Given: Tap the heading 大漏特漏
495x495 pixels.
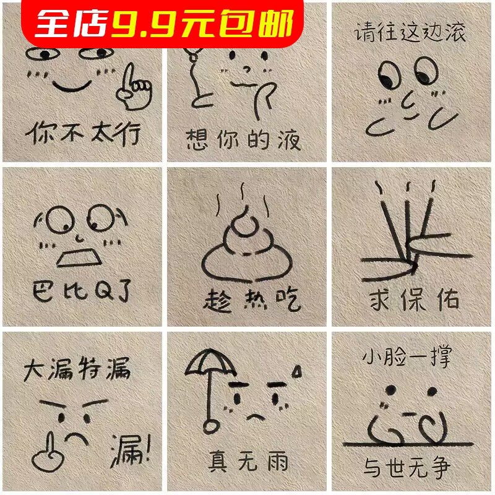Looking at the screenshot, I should [77, 371].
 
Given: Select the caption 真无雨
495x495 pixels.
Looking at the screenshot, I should [248, 461].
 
